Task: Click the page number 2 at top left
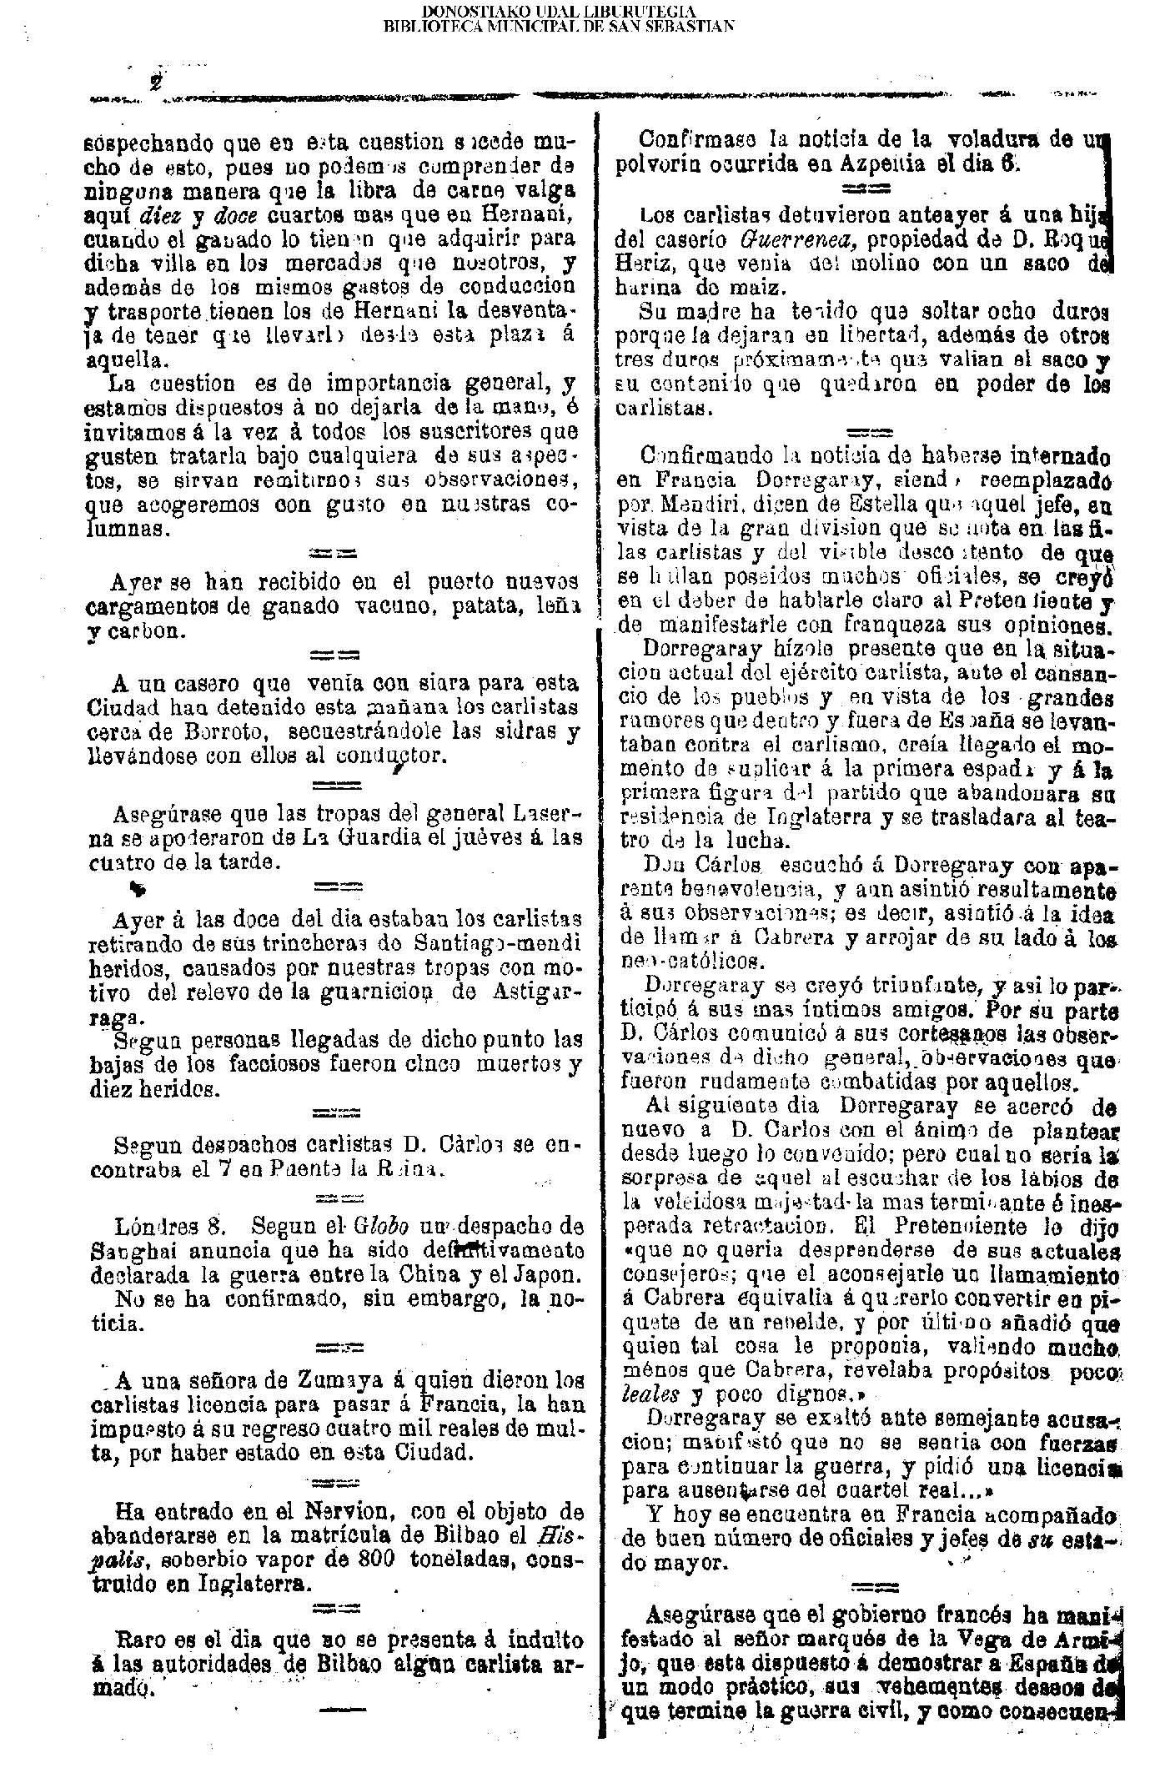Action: pos(156,83)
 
